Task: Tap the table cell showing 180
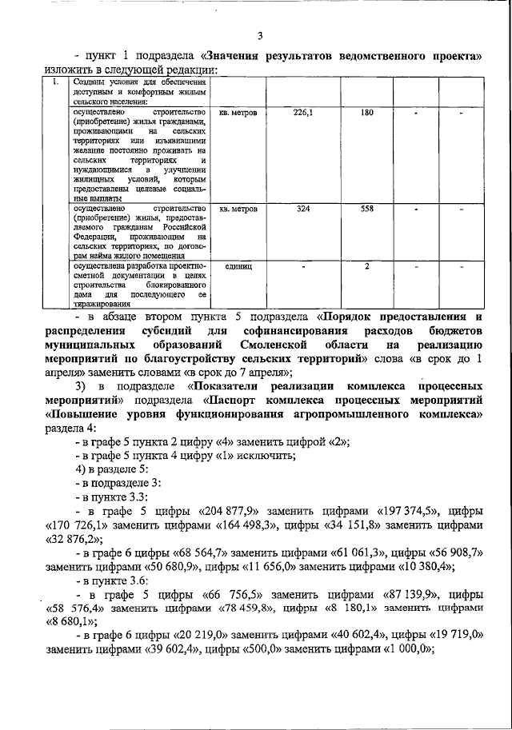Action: click(x=367, y=113)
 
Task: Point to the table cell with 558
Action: click(x=367, y=209)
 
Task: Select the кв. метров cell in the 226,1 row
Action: click(x=238, y=113)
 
